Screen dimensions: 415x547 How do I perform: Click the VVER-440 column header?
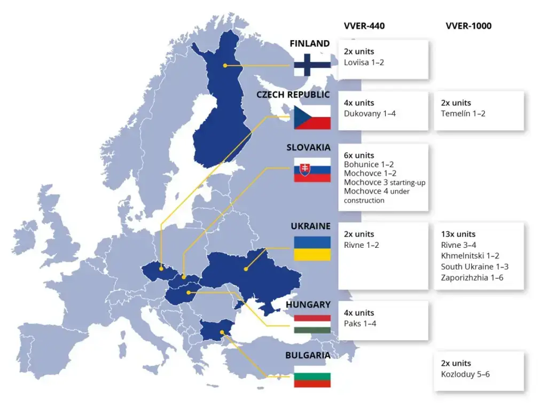364,26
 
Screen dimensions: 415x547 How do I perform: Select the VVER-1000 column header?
468,26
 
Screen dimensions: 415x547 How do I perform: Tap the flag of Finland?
312,65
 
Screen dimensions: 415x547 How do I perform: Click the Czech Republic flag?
312,117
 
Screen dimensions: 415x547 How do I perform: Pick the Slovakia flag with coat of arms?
312,169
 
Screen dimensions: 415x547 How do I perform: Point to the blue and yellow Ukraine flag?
312,248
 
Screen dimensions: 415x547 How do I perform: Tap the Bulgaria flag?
312,376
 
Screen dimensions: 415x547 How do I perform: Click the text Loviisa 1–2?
364,62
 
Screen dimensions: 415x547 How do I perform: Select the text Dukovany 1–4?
370,114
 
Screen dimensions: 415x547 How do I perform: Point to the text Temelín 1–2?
463,114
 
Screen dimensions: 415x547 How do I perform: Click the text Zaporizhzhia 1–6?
472,278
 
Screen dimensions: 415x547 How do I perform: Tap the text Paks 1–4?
360,324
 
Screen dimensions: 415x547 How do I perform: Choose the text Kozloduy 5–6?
465,374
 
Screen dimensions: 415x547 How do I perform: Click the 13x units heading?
458,234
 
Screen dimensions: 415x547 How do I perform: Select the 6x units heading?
359,155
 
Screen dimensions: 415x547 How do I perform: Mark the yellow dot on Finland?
225,65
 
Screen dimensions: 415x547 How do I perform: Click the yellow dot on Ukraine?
246,269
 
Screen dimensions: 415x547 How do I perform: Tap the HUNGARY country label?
308,304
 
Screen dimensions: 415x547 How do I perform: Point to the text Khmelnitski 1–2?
470,256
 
